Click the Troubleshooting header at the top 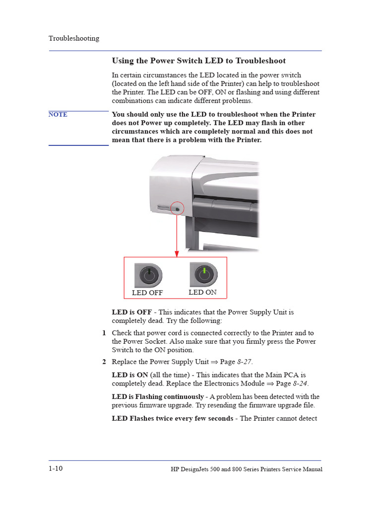pyautogui.click(x=73, y=38)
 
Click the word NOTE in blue pyautogui.click(x=58, y=115)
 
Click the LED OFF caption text pyautogui.click(x=147, y=293)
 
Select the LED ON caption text pyautogui.click(x=202, y=292)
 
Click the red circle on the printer pyautogui.click(x=177, y=209)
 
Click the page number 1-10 pyautogui.click(x=56, y=469)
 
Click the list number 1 pyautogui.click(x=104, y=333)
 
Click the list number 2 pyautogui.click(x=104, y=362)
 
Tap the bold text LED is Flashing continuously pyautogui.click(x=158, y=397)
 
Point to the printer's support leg pyautogui.click(x=191, y=233)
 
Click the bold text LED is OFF pyautogui.click(x=132, y=312)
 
